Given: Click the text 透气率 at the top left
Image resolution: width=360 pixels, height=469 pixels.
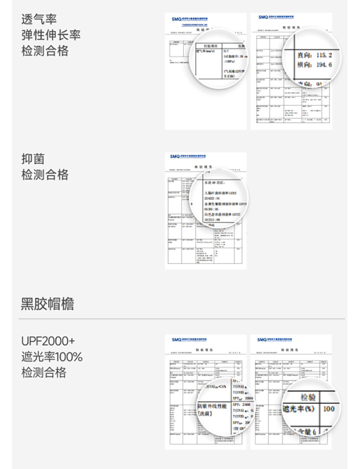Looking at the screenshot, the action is (39, 19).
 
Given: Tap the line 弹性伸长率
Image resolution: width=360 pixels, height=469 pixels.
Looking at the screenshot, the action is (50, 35).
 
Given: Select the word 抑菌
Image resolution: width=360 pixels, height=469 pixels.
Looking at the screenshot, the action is (33, 158).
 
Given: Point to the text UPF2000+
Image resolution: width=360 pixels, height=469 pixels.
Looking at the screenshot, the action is (48, 341).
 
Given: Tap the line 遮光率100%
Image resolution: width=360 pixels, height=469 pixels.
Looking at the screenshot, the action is (52, 357).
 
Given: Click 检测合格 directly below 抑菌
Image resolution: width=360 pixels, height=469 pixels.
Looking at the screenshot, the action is (45, 174).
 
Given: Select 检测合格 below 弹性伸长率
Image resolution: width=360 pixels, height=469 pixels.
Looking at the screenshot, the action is (45, 51).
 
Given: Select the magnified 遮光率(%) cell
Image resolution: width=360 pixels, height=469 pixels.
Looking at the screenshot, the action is (299, 409).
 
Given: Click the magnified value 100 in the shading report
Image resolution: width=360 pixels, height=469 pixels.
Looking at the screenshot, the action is (329, 409).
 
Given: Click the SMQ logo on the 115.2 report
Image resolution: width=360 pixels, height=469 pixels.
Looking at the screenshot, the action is (263, 17).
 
